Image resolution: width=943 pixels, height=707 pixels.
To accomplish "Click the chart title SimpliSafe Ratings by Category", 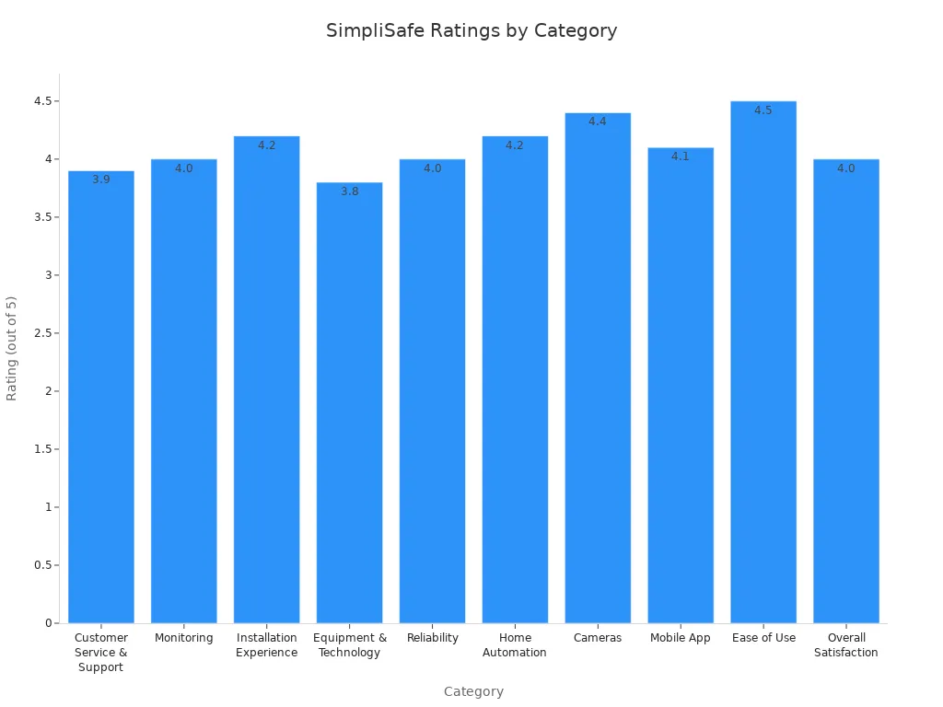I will pos(471,30).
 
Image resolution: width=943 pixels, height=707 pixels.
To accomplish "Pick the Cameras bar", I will pos(598,367).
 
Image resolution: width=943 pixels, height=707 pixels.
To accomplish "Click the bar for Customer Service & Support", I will pos(101,397).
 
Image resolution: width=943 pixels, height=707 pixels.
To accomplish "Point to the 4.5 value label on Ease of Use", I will pos(763,110).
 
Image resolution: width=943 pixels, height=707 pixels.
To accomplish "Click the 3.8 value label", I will pos(350,191).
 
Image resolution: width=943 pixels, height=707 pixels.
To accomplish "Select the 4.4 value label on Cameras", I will pos(598,122).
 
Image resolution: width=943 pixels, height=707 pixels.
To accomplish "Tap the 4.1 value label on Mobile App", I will pos(681,156).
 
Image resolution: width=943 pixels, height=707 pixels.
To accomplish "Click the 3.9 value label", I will pos(101,180).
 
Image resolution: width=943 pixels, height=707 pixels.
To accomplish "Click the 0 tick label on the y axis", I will pos(49,623).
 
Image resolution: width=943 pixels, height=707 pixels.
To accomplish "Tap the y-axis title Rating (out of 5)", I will pos(12,348).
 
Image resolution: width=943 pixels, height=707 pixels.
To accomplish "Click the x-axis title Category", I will pos(473,691).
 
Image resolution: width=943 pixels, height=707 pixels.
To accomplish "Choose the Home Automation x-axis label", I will pos(515,645).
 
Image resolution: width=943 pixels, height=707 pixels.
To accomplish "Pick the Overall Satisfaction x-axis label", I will pos(846,645).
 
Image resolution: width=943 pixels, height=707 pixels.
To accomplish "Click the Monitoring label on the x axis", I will pos(184,638).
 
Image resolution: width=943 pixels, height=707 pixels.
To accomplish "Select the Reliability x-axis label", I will pos(433,638).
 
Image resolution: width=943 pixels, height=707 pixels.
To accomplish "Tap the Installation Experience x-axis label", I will pos(267,645).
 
